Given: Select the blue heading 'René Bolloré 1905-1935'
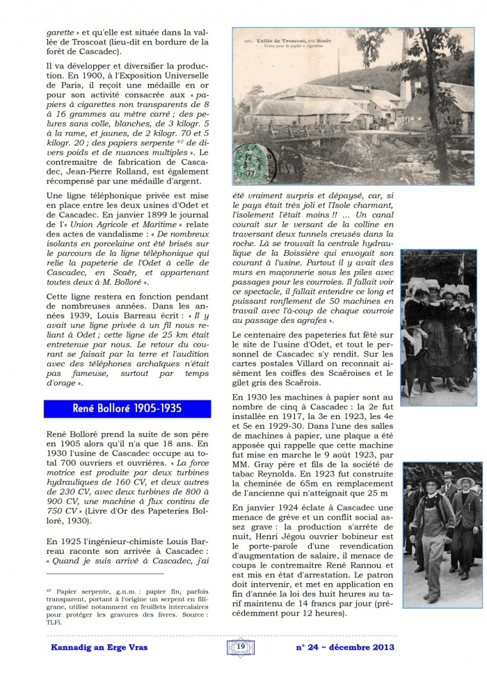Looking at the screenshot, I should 127,408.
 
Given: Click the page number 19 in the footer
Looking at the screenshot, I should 241,647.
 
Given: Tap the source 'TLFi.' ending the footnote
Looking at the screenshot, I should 54,622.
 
